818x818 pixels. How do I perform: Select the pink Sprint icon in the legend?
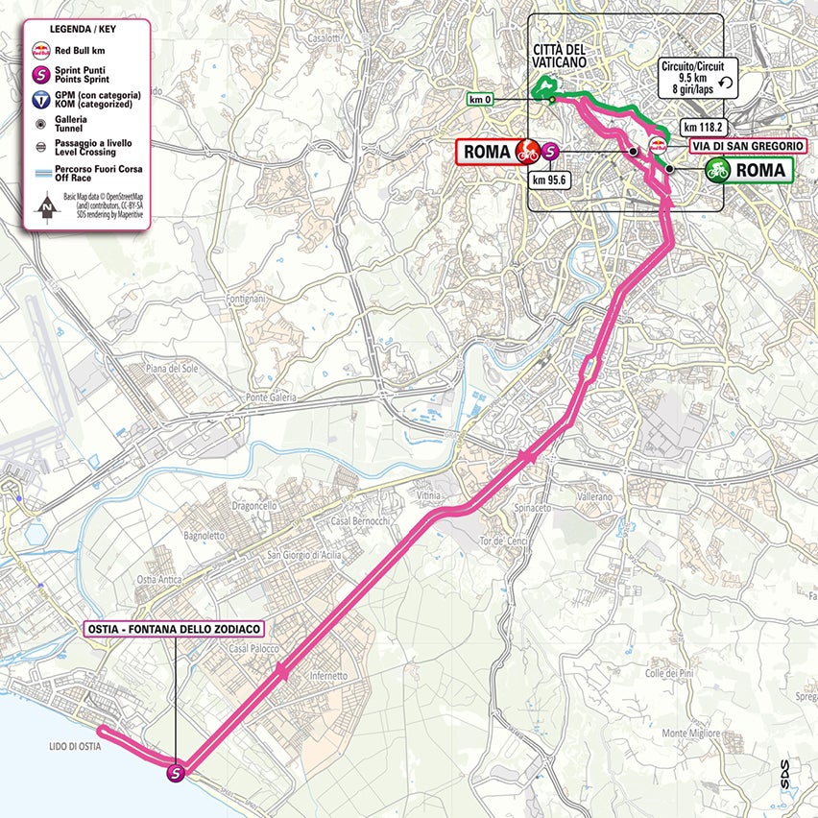pyautogui.click(x=41, y=73)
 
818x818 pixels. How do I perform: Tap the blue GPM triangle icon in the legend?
pyautogui.click(x=41, y=99)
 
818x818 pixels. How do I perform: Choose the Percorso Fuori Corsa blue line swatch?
pyautogui.click(x=41, y=171)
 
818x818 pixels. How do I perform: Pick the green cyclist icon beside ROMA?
pyautogui.click(x=717, y=171)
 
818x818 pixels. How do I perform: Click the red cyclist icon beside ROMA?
pyautogui.click(x=526, y=151)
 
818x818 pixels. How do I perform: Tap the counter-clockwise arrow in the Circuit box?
pyautogui.click(x=725, y=84)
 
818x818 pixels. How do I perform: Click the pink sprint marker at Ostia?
pyautogui.click(x=177, y=771)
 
